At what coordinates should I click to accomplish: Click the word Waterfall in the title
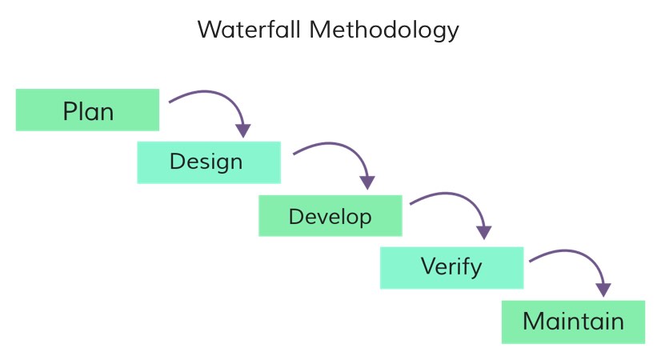(249, 30)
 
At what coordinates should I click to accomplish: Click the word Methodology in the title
(384, 30)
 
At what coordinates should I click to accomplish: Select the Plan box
(88, 110)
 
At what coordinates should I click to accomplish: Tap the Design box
(209, 162)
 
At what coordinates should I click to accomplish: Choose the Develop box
(330, 215)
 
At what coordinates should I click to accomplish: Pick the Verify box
(452, 268)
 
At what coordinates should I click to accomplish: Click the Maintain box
(573, 322)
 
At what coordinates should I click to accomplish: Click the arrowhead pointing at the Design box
(243, 130)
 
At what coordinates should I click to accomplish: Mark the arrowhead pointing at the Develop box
(367, 183)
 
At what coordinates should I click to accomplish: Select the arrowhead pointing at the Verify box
(484, 233)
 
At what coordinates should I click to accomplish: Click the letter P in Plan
(70, 112)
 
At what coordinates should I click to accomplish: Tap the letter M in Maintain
(533, 322)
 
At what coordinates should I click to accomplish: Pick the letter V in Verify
(429, 266)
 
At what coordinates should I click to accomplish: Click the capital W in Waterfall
(210, 30)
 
